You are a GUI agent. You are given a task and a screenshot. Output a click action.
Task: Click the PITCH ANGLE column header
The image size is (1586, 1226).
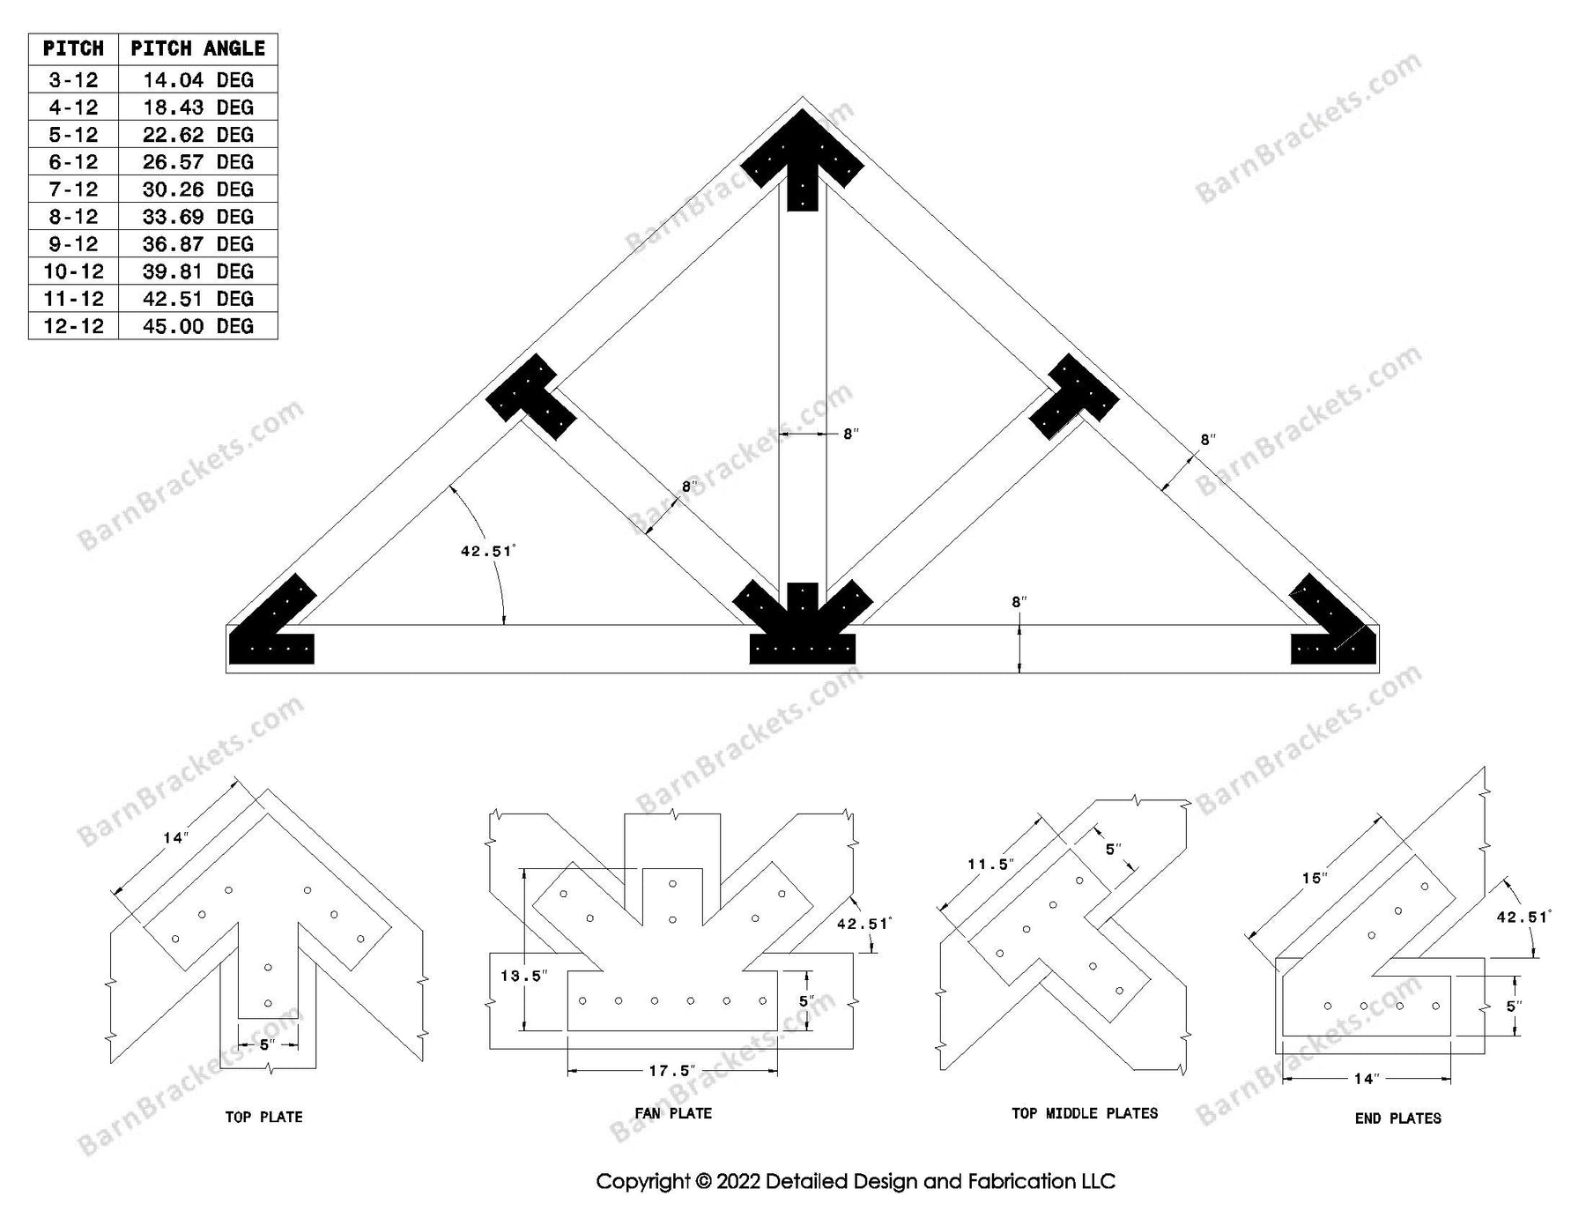tap(197, 48)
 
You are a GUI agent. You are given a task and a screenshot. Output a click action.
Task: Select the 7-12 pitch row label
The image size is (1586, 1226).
tap(73, 189)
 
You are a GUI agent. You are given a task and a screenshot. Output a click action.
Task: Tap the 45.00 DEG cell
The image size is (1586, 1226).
tap(197, 326)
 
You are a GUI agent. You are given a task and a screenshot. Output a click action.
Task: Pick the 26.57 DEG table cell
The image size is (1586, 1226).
tap(197, 162)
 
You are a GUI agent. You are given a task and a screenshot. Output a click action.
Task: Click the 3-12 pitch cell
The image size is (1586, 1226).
tap(73, 80)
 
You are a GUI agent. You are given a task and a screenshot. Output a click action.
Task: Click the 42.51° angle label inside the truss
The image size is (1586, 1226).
tap(487, 552)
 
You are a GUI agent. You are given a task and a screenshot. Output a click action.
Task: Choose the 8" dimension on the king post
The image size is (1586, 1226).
tap(850, 435)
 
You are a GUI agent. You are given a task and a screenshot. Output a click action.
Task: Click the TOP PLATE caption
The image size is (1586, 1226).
tap(263, 1117)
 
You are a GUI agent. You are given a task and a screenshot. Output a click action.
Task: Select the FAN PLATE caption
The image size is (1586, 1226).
tap(673, 1113)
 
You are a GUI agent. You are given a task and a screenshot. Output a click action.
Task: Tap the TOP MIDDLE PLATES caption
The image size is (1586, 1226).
tap(1085, 1113)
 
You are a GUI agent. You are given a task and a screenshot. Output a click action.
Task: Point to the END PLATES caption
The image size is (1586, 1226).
tap(1397, 1118)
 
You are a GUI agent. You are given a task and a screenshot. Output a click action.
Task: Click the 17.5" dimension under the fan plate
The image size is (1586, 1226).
tap(671, 1071)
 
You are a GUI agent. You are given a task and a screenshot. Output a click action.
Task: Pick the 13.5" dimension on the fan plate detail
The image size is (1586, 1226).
tap(523, 976)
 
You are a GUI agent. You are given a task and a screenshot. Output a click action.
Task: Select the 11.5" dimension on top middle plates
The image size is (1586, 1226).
tap(989, 864)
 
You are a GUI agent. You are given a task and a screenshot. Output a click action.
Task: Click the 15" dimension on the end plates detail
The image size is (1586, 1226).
tap(1314, 879)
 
